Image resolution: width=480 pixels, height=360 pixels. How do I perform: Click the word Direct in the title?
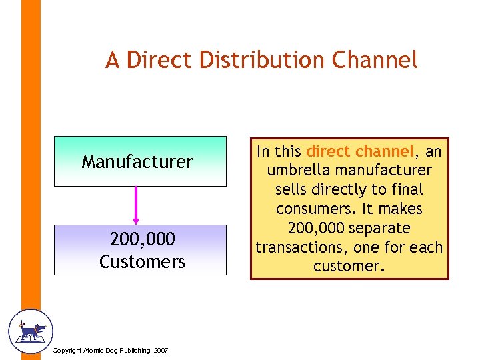click(x=153, y=60)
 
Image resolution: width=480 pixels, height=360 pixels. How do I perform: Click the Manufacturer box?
click(x=137, y=161)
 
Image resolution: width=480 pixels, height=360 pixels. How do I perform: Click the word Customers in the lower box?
click(x=143, y=261)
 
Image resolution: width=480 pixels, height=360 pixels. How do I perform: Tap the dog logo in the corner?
click(x=30, y=331)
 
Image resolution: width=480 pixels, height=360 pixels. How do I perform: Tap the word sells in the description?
click(x=292, y=190)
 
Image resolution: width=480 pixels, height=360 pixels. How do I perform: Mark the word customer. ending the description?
click(x=349, y=266)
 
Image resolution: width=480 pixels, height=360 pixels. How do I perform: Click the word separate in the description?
click(x=381, y=228)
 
